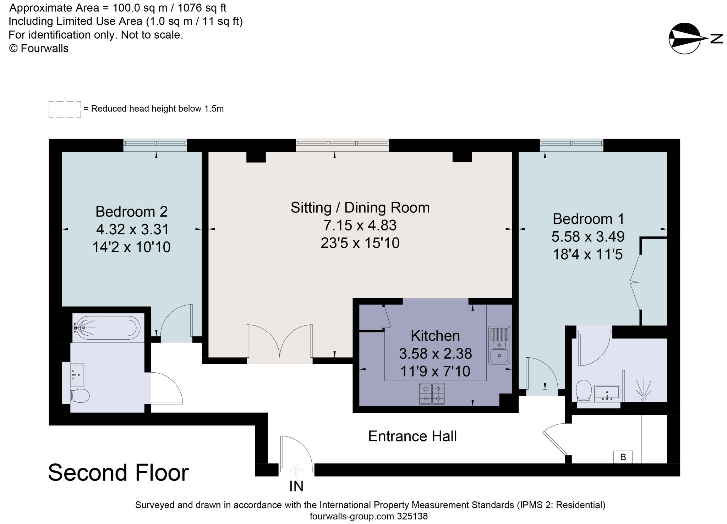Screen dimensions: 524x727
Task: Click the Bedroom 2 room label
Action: point(131,212)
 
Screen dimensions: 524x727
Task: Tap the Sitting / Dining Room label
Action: point(360,208)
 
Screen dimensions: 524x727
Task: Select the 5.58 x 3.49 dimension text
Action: point(588,236)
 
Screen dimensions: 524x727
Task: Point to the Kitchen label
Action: point(435,336)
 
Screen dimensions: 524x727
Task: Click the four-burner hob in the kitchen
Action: point(432,394)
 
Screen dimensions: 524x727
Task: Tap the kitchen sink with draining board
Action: point(499,345)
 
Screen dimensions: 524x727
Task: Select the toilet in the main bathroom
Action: point(80,396)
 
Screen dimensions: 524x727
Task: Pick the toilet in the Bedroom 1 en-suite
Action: point(584,391)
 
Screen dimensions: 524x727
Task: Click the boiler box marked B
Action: point(623,457)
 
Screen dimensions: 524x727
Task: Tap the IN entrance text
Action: point(296,486)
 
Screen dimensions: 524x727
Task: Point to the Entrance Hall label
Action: point(412,436)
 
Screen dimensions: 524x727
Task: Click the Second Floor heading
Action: point(118,473)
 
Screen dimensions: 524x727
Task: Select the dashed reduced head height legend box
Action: point(65,109)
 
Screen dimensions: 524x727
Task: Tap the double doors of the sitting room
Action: point(280,342)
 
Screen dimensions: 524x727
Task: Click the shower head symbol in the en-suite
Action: point(644,390)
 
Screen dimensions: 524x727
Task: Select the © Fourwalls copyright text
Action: point(39,49)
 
